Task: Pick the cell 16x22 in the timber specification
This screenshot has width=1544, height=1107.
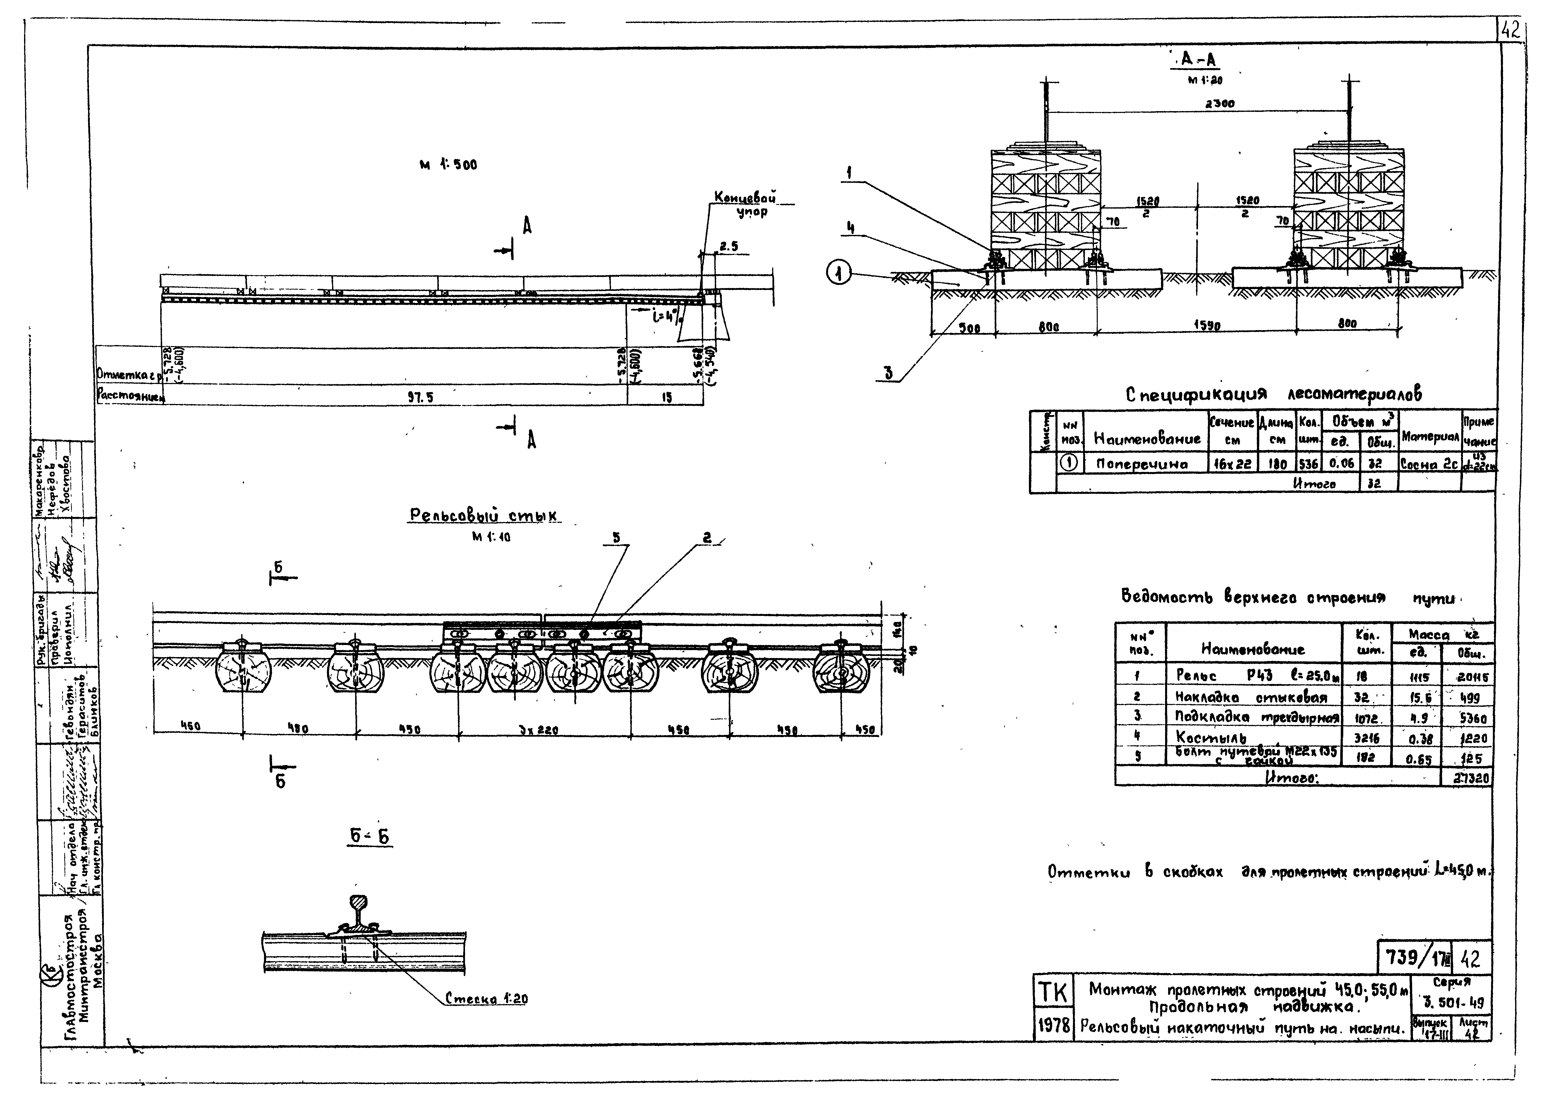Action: tap(1231, 464)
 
